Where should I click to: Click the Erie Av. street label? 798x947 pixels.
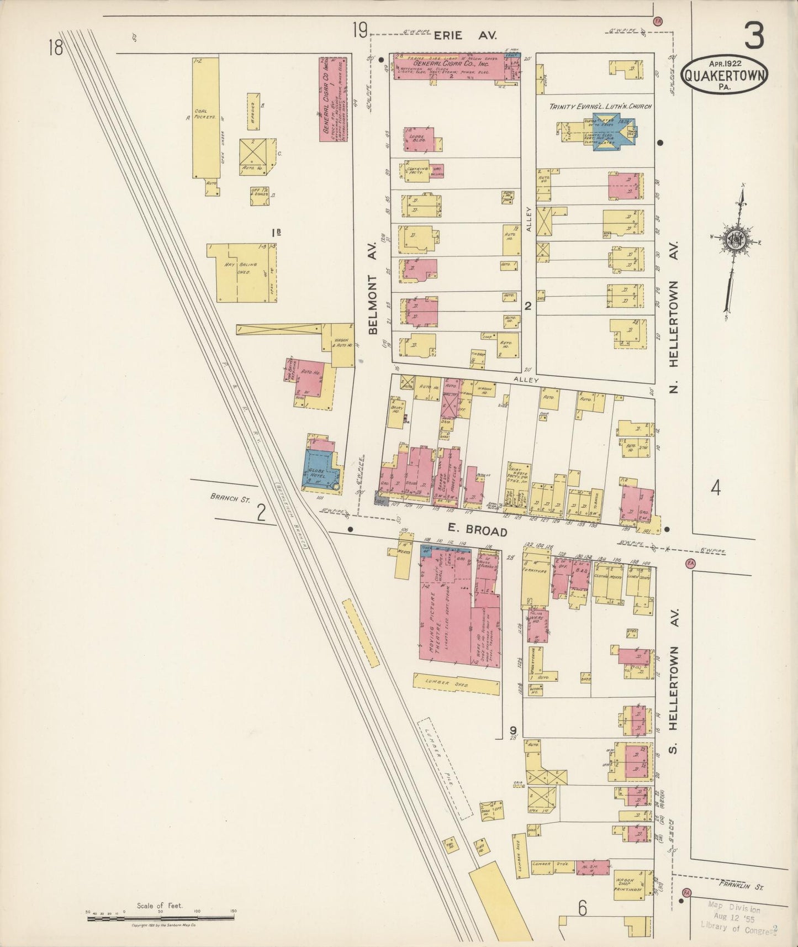click(x=465, y=35)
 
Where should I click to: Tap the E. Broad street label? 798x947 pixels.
click(x=479, y=530)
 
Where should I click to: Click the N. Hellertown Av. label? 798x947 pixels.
click(x=673, y=317)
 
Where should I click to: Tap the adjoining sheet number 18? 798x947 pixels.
click(x=55, y=48)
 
